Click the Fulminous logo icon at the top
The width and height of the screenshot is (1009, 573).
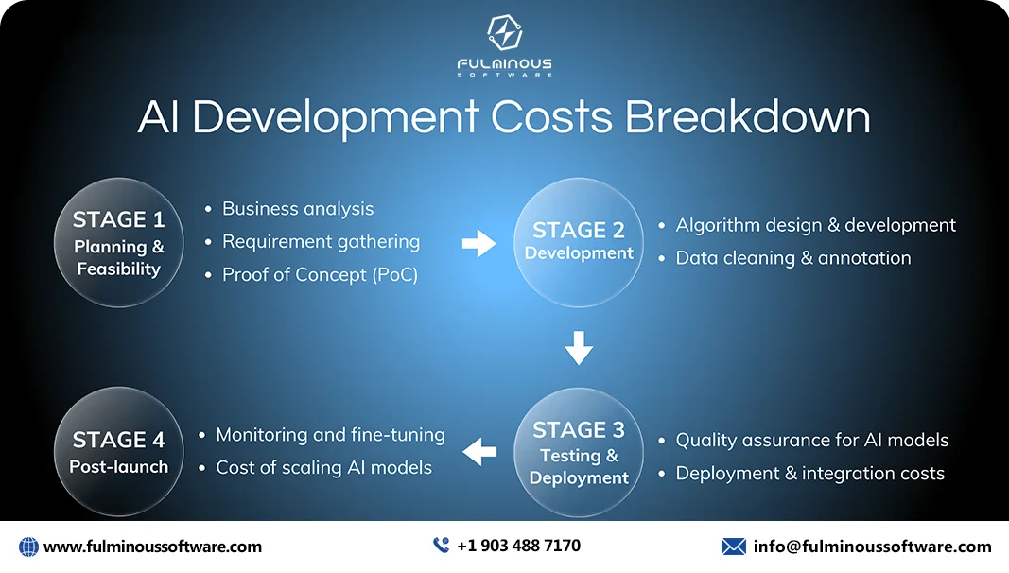pos(504,33)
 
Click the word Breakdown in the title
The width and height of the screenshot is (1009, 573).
pos(747,117)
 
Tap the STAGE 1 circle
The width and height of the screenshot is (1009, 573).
pos(118,242)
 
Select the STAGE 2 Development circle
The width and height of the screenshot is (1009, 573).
pos(579,242)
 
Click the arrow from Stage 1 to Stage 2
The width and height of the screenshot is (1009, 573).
pos(478,244)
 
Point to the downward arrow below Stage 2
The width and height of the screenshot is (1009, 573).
pos(579,349)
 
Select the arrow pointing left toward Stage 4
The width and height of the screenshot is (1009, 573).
pos(479,452)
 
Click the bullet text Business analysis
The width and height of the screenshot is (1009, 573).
pos(298,209)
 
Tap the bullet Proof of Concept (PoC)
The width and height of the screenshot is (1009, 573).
pos(320,274)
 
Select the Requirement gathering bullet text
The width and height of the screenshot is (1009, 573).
pos(321,242)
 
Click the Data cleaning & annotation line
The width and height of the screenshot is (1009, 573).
pos(792,258)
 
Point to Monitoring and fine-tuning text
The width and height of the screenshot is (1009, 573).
pos(330,435)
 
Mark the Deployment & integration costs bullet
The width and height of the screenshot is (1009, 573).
pos(809,473)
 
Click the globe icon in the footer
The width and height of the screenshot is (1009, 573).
pos(28,547)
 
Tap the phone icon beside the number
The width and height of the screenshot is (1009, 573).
pos(441,546)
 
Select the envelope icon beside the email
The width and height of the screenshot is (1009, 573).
pos(733,547)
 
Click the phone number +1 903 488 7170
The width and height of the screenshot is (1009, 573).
pos(518,546)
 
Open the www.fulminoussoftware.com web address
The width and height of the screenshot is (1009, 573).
pos(152,547)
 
